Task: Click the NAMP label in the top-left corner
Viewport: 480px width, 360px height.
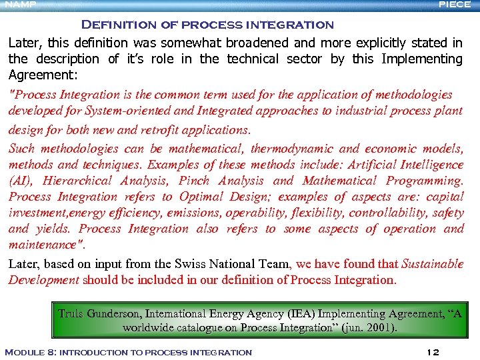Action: [x=18, y=5]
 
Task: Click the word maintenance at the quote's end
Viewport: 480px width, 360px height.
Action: [x=42, y=245]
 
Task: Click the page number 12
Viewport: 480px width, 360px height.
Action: [x=432, y=352]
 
